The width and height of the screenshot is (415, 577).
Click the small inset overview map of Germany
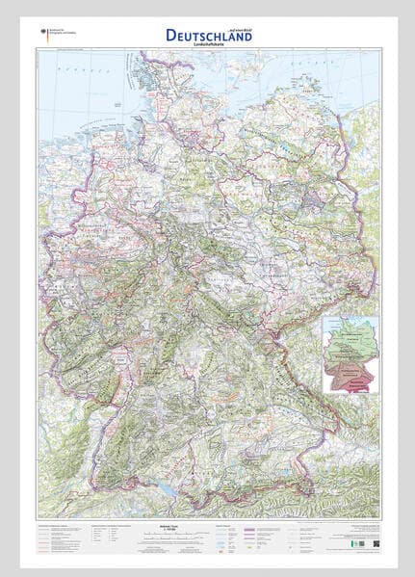[349, 354]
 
